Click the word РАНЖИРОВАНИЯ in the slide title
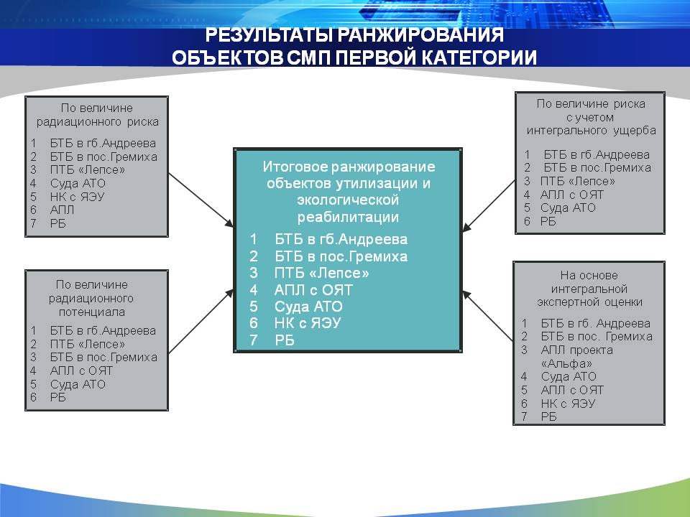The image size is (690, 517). (x=422, y=34)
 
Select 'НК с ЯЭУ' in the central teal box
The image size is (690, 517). (x=308, y=323)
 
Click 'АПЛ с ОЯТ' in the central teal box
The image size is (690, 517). (x=313, y=289)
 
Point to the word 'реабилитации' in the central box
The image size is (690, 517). (x=348, y=217)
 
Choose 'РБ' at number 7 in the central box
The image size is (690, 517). (x=285, y=340)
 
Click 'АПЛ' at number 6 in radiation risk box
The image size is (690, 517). (x=62, y=210)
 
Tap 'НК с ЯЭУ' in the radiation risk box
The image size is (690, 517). (x=77, y=197)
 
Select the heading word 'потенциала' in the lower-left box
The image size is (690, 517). (x=91, y=312)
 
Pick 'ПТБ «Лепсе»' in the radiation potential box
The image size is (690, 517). (x=87, y=344)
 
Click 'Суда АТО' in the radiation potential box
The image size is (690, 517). (x=78, y=384)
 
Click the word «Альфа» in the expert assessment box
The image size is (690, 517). (x=566, y=363)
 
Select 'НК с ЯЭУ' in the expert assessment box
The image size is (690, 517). (x=568, y=404)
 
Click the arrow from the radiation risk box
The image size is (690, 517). (x=201, y=200)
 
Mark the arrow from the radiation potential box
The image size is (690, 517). (x=201, y=322)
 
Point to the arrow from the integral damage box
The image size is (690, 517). (x=489, y=206)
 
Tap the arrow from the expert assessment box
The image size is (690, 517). (x=487, y=316)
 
